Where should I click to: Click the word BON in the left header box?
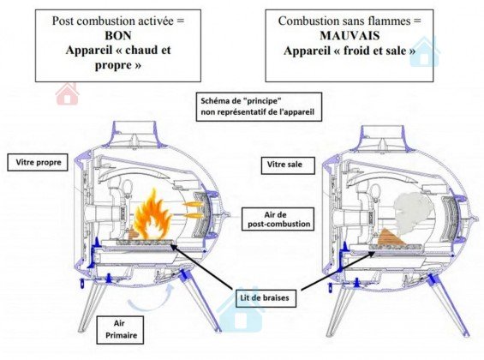click(118, 35)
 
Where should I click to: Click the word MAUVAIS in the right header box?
click(350, 35)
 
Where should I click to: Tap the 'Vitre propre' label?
click(38, 162)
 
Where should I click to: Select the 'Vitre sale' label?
click(288, 165)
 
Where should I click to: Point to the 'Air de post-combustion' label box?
click(278, 219)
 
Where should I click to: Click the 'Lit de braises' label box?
click(266, 298)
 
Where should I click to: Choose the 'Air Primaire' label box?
click(120, 330)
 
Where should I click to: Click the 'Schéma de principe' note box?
click(259, 106)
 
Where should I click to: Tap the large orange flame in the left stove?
click(152, 216)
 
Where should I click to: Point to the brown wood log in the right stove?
click(391, 237)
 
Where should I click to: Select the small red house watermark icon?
click(68, 93)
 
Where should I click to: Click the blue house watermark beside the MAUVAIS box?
click(424, 51)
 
